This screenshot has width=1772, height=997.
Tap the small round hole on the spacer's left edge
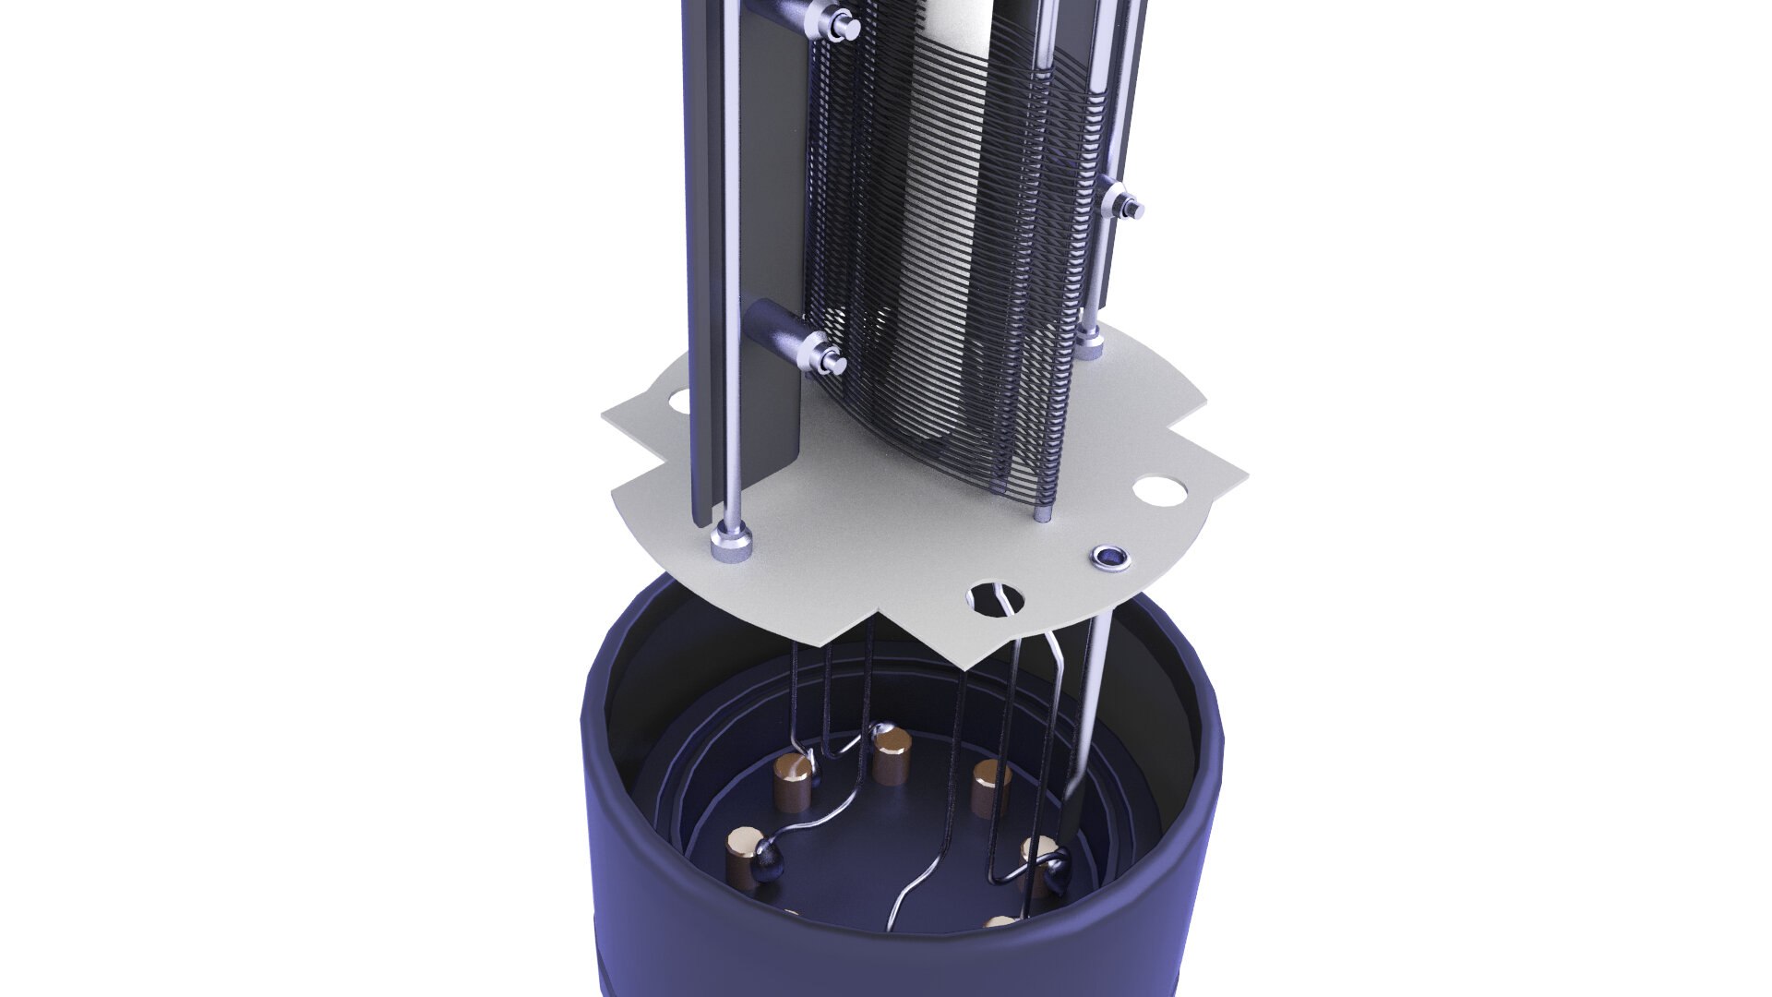(678, 402)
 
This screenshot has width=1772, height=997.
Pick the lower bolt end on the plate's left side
(824, 354)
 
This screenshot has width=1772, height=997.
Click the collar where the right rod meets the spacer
(1090, 347)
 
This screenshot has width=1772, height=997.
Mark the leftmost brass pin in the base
(744, 855)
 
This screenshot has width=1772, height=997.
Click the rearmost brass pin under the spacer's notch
(891, 755)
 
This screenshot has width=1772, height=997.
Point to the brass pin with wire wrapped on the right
(1039, 864)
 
